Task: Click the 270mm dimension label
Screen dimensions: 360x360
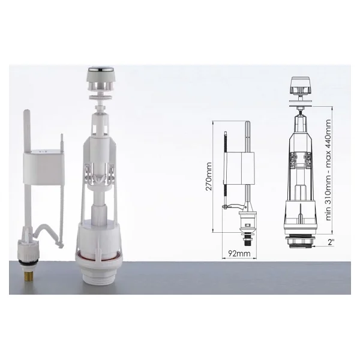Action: (x=209, y=176)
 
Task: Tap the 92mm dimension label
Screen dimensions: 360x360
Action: (x=239, y=253)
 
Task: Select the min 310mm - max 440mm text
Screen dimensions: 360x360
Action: (x=328, y=170)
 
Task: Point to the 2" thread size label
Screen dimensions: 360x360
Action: (x=331, y=242)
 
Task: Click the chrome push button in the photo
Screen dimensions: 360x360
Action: (x=98, y=69)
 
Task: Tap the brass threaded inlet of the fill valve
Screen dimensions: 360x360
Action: (x=28, y=274)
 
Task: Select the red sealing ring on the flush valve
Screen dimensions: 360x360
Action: (x=99, y=256)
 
